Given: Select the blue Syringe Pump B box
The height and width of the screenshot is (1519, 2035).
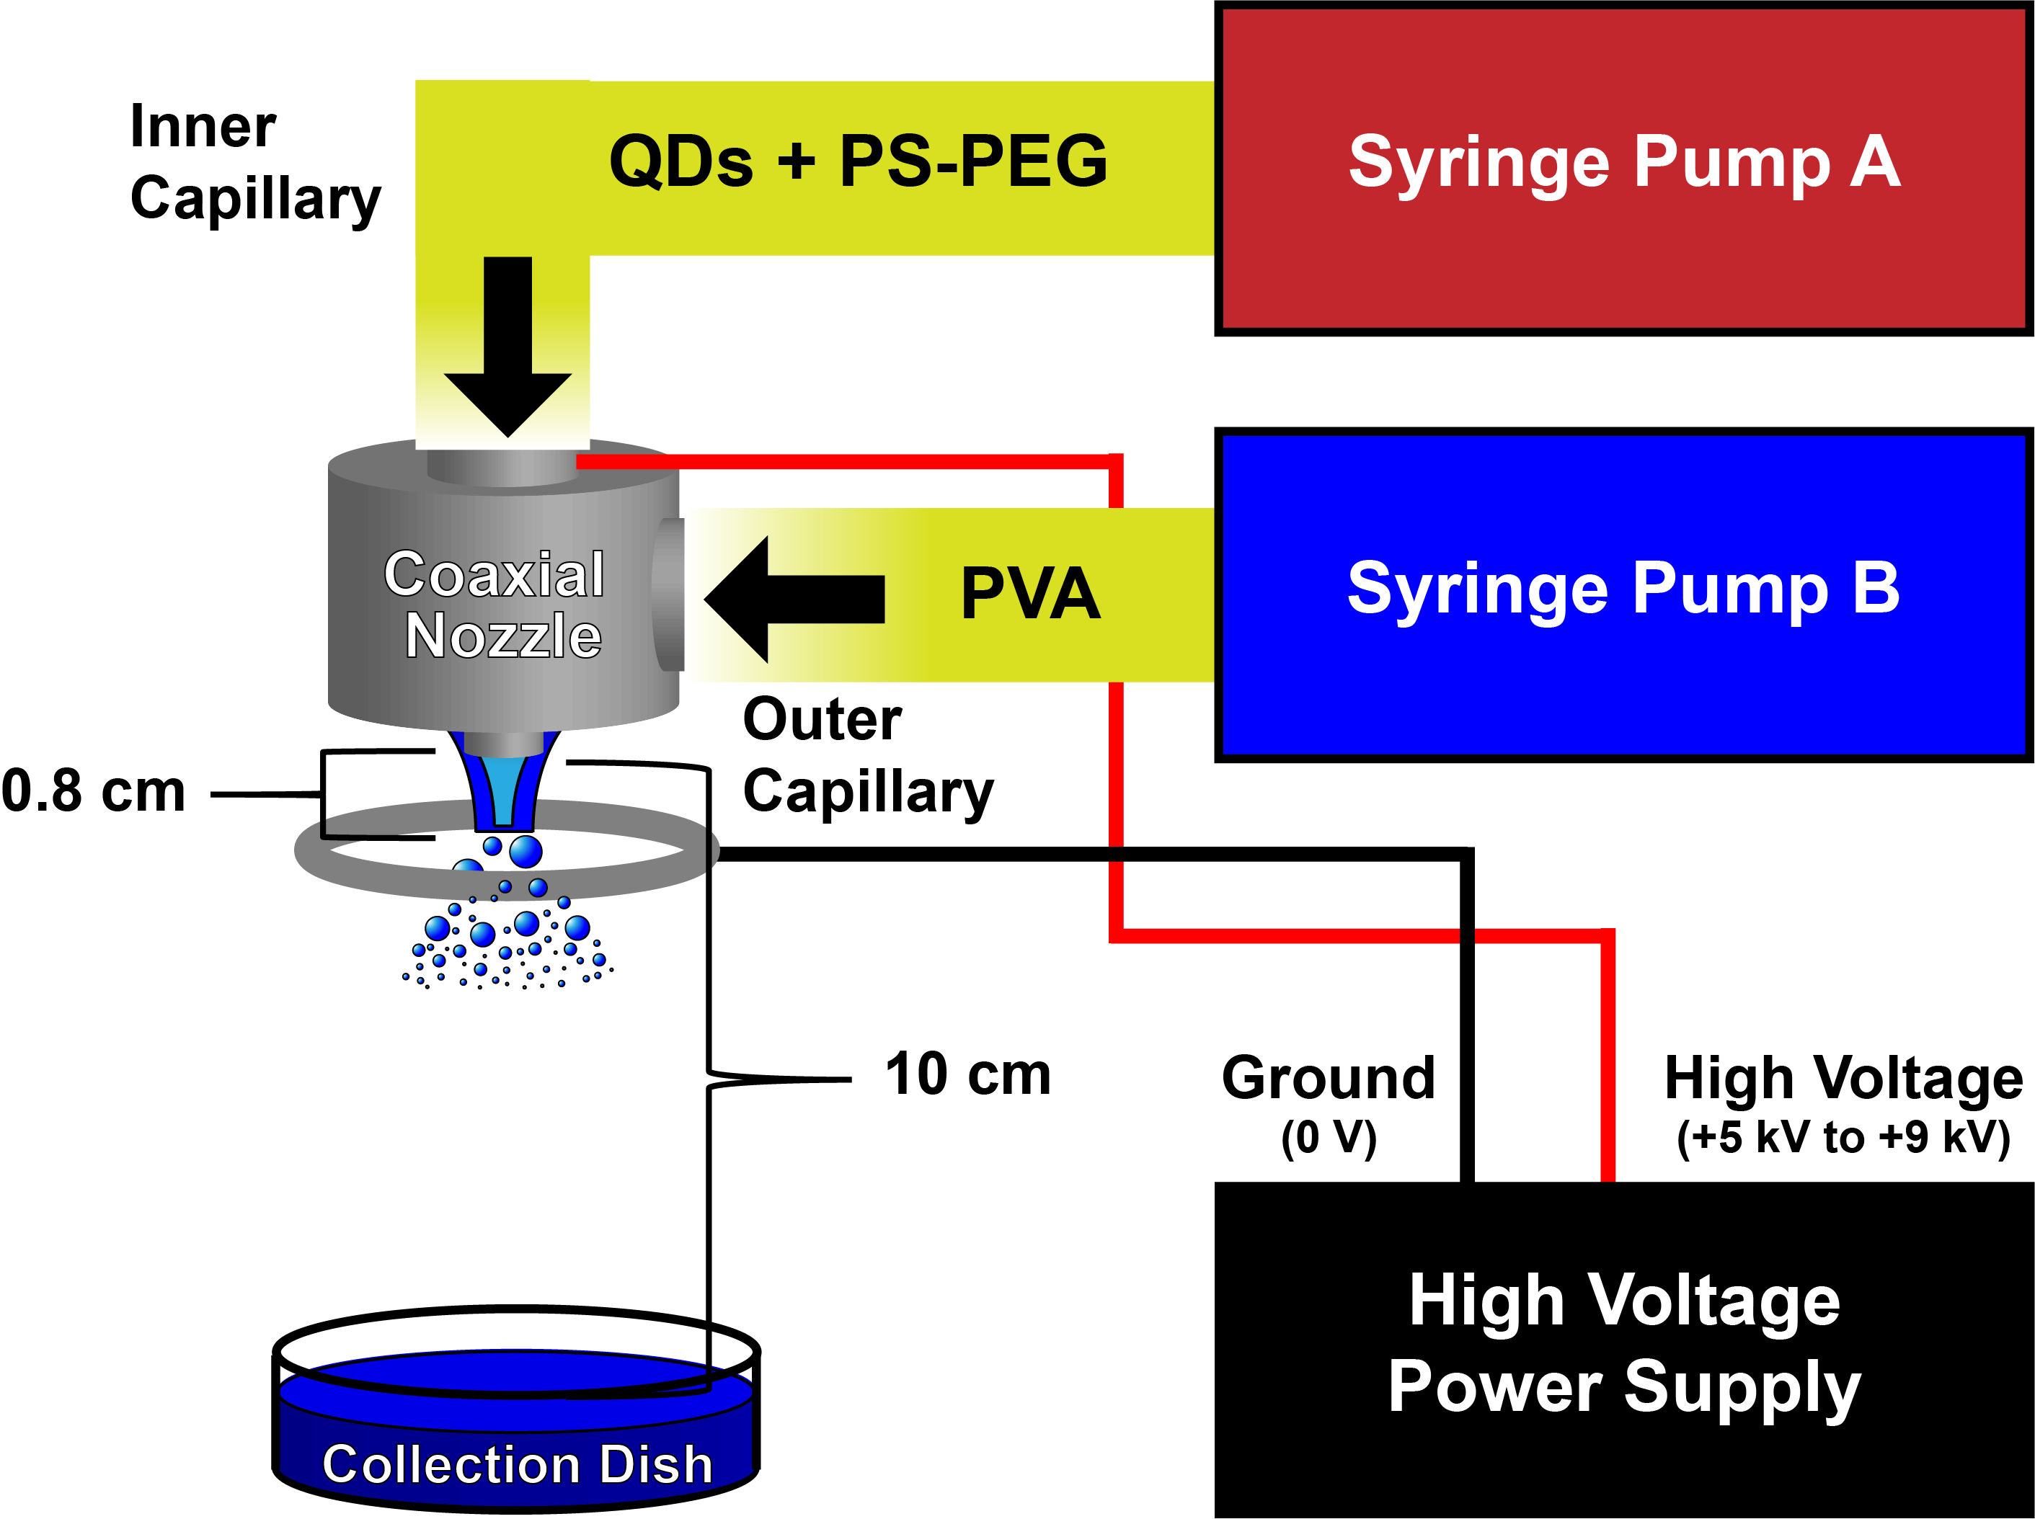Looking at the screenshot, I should [x=1623, y=594].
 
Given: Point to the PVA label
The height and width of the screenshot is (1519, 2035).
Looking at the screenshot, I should [x=1030, y=594].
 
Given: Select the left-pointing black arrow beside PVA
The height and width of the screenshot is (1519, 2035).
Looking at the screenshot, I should [x=793, y=600].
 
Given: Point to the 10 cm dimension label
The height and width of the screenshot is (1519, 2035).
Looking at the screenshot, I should [x=967, y=1074].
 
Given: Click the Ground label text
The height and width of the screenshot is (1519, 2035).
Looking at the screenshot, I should [x=1328, y=1078].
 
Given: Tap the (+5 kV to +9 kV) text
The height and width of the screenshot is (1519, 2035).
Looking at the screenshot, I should [x=1843, y=1137].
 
